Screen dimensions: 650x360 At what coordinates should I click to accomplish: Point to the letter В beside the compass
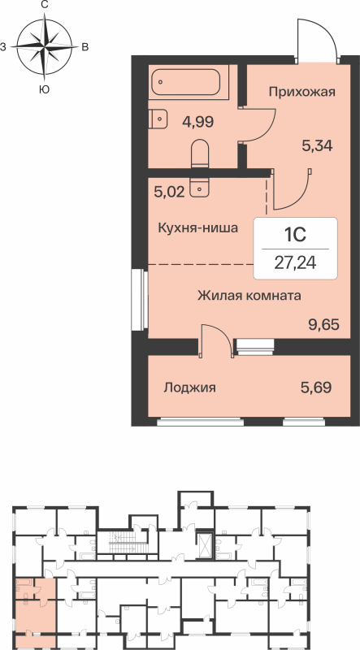coord(85,47)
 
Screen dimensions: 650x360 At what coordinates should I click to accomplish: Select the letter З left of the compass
coord(4,47)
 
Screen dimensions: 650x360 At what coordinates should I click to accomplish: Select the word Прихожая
coord(302,92)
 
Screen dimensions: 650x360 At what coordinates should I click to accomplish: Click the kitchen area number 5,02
coord(171,194)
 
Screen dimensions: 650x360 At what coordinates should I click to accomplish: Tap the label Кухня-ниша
coord(197,228)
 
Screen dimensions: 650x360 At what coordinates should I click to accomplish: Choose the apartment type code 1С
coord(294,235)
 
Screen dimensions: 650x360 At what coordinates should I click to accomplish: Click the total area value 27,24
coord(294,262)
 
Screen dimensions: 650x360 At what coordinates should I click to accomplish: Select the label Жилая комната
coord(249,295)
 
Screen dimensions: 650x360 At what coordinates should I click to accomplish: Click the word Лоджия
coord(189,388)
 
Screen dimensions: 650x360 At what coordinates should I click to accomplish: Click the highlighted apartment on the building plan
coord(35,604)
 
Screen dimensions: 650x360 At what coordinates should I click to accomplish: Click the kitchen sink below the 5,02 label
coord(200,188)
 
